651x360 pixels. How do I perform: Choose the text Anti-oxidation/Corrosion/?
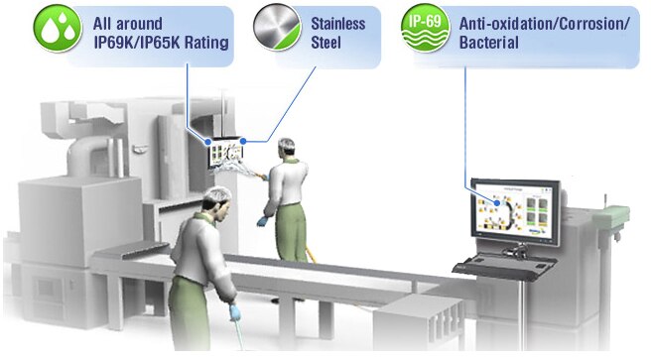click(545, 22)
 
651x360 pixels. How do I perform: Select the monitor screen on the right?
click(513, 212)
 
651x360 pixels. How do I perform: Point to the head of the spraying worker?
click(287, 149)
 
